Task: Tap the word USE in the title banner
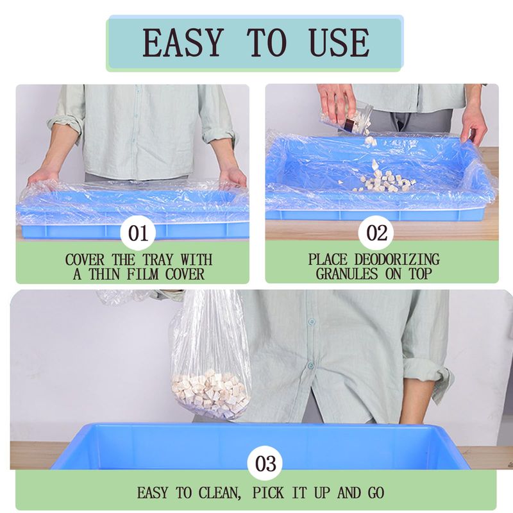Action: coord(339,42)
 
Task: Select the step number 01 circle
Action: coord(138,233)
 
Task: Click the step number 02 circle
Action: coord(376,233)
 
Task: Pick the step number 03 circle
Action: coord(265,463)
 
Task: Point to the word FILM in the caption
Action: coord(142,274)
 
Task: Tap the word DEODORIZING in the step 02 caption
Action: coord(397,260)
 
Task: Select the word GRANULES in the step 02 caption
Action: coord(347,274)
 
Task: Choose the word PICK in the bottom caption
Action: coord(268,492)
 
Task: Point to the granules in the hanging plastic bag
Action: coord(211,394)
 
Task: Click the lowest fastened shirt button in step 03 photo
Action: coord(310,365)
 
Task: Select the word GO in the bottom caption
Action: coord(376,492)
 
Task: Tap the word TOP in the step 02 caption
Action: coord(420,274)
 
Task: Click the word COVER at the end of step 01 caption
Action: coord(185,274)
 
